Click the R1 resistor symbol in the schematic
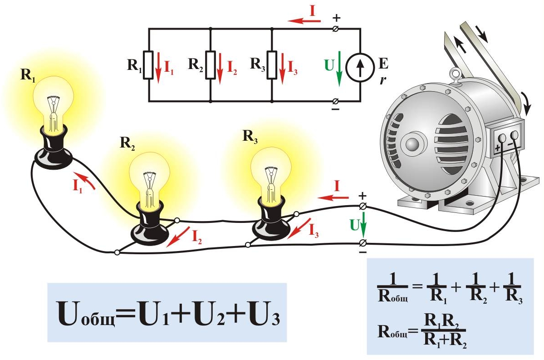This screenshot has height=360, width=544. (149, 65)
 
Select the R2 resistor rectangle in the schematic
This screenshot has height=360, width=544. (211, 65)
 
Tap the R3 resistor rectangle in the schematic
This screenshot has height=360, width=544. (271, 65)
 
